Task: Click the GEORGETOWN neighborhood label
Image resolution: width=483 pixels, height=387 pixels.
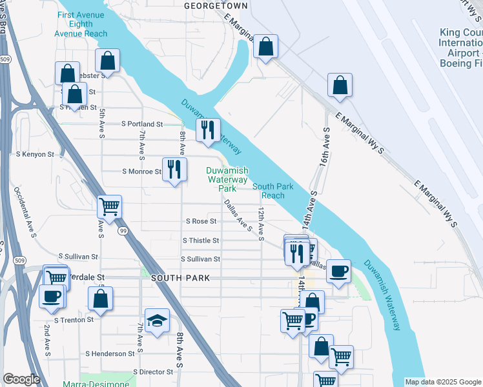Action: (x=216, y=5)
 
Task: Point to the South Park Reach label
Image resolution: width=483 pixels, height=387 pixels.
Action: (x=269, y=191)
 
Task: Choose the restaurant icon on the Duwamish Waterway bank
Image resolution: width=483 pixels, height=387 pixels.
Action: (x=208, y=130)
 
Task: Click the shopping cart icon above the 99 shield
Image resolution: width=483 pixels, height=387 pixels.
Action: (x=110, y=207)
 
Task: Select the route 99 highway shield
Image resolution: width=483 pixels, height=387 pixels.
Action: (x=122, y=230)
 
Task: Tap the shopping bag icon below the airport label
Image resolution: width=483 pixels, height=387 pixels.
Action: (x=340, y=86)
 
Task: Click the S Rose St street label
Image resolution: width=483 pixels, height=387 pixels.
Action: (x=201, y=221)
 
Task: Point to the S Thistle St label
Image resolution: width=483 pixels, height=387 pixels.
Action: (x=201, y=241)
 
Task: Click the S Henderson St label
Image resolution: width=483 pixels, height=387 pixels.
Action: (x=110, y=353)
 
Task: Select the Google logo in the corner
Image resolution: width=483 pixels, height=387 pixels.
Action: (x=21, y=379)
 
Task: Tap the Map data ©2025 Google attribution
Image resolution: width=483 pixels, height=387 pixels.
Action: (x=443, y=382)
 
